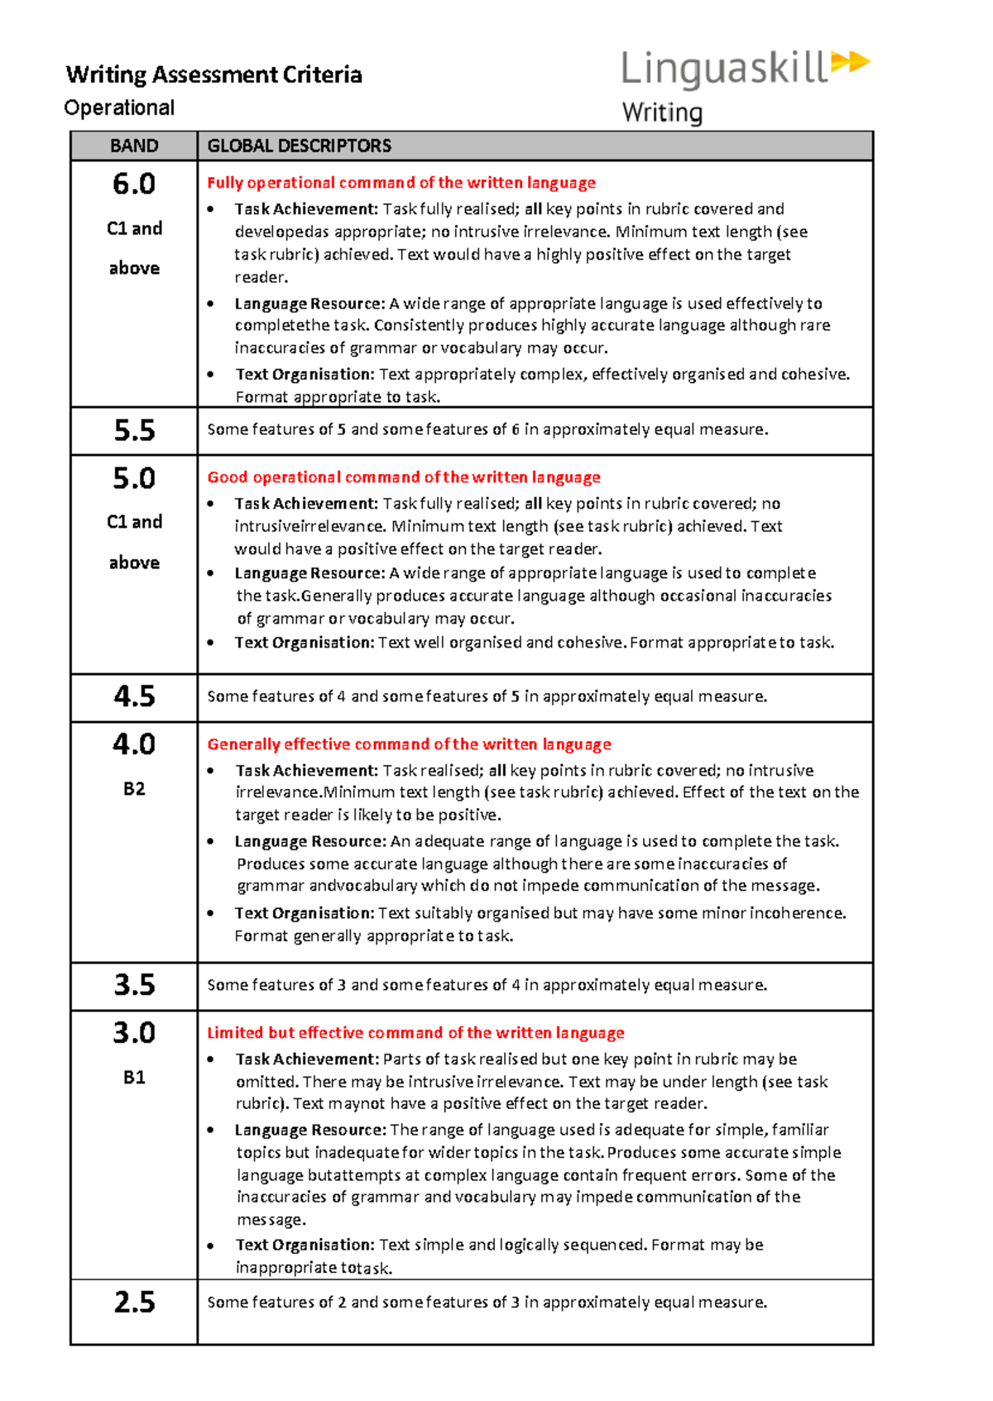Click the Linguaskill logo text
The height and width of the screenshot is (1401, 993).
[723, 69]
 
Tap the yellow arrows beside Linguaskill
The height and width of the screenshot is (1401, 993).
[850, 62]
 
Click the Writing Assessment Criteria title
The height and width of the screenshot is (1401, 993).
[213, 74]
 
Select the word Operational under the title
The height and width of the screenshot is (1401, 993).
[119, 108]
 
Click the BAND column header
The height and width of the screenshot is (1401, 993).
[134, 146]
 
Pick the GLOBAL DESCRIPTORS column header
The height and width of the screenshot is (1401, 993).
[299, 146]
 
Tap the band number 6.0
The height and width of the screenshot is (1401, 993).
[134, 184]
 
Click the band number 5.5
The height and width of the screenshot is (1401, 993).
[134, 430]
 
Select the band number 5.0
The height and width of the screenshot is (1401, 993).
[134, 478]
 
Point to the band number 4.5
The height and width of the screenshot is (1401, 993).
[134, 696]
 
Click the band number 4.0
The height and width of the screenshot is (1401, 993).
[134, 744]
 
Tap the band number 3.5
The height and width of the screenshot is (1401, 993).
[134, 985]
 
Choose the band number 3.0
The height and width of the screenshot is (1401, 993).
[134, 1033]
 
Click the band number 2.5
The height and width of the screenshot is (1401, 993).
[134, 1303]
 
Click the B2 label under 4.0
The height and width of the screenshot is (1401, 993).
[134, 789]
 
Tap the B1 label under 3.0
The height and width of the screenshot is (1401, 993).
[134, 1078]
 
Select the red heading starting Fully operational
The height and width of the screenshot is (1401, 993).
[401, 183]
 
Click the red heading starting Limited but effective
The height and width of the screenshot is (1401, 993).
[415, 1033]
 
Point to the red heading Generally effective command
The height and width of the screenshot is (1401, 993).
[409, 744]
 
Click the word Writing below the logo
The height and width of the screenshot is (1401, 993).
[662, 112]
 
